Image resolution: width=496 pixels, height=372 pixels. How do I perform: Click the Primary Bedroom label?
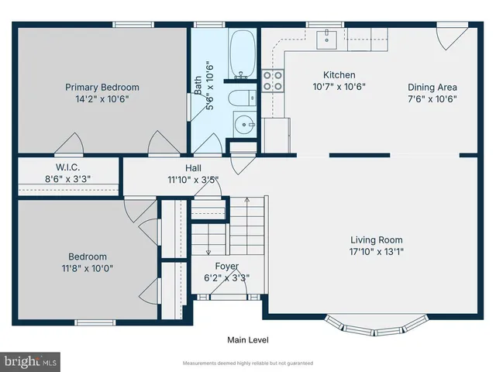tap(102, 87)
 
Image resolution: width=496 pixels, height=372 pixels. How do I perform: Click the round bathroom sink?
tap(245, 124)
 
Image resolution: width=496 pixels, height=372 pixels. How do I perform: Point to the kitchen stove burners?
tap(273, 81)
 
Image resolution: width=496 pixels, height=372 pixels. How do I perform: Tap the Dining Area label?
tap(432, 87)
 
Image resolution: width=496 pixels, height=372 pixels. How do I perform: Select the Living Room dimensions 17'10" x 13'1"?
tap(376, 251)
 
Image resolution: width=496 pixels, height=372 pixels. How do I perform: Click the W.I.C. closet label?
tap(67, 167)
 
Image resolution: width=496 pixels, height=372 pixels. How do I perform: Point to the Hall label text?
tap(193, 167)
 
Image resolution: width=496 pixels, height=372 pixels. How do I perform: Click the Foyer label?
tap(226, 267)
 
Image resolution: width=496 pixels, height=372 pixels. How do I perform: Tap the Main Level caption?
tap(247, 339)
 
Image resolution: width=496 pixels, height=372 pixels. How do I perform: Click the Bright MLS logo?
tap(30, 361)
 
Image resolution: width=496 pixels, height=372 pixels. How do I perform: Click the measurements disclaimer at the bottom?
tap(247, 363)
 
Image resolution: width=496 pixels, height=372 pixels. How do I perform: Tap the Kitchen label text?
tap(339, 75)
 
